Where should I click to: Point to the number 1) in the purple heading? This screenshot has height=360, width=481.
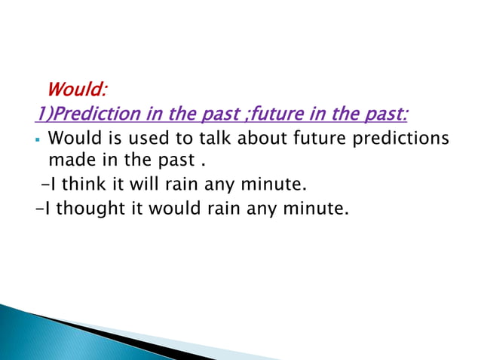[43, 114]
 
